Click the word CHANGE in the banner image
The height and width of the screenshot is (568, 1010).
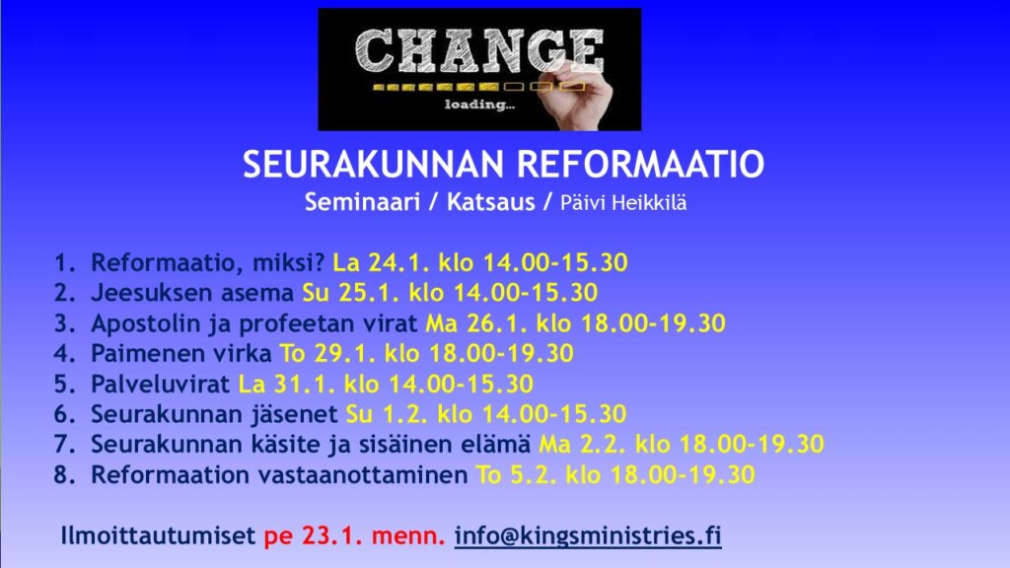(479, 51)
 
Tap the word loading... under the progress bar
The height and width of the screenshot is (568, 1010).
(480, 105)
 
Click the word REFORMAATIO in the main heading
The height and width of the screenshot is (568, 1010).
(640, 164)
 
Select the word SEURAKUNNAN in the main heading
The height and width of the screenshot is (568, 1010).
(376, 164)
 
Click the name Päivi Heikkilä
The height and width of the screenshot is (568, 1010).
(623, 203)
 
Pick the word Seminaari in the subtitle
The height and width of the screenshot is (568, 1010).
(362, 202)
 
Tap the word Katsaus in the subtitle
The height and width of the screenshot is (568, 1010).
(491, 202)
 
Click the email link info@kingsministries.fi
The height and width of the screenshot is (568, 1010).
(588, 535)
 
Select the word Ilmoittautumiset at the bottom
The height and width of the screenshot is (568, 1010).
(158, 535)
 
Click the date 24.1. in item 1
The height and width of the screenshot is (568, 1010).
(398, 262)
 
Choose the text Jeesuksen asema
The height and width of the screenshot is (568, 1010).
(192, 293)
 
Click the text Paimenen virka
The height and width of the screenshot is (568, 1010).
(181, 354)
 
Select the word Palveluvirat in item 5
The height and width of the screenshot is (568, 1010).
(161, 384)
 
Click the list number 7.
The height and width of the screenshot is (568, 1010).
(65, 445)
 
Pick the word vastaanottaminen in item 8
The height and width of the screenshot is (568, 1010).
(363, 475)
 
